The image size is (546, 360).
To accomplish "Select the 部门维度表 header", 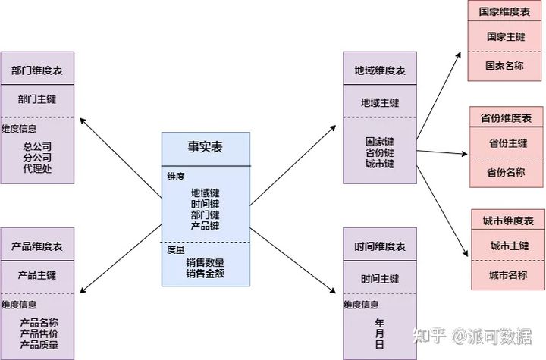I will [37, 70].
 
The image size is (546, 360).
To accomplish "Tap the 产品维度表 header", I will [37, 247].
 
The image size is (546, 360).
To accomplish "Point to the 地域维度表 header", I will [380, 70].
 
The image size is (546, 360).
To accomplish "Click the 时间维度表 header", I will [380, 247].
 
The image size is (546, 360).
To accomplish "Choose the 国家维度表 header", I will [505, 12].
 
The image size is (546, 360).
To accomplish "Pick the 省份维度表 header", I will [506, 118].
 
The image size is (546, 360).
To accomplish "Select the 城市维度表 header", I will [508, 221].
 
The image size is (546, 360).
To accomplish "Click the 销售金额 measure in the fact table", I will [205, 274].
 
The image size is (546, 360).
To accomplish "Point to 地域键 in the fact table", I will [205, 193].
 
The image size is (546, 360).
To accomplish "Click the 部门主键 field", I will [37, 99].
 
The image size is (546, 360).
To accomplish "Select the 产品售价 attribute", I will [39, 334].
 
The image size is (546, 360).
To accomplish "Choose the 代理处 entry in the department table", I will [37, 168].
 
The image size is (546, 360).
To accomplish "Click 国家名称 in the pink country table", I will [505, 66].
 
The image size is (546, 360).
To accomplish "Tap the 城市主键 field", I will [508, 246].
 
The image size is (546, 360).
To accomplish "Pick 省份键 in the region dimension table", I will [380, 152].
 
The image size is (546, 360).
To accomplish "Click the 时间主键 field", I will [380, 278].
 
